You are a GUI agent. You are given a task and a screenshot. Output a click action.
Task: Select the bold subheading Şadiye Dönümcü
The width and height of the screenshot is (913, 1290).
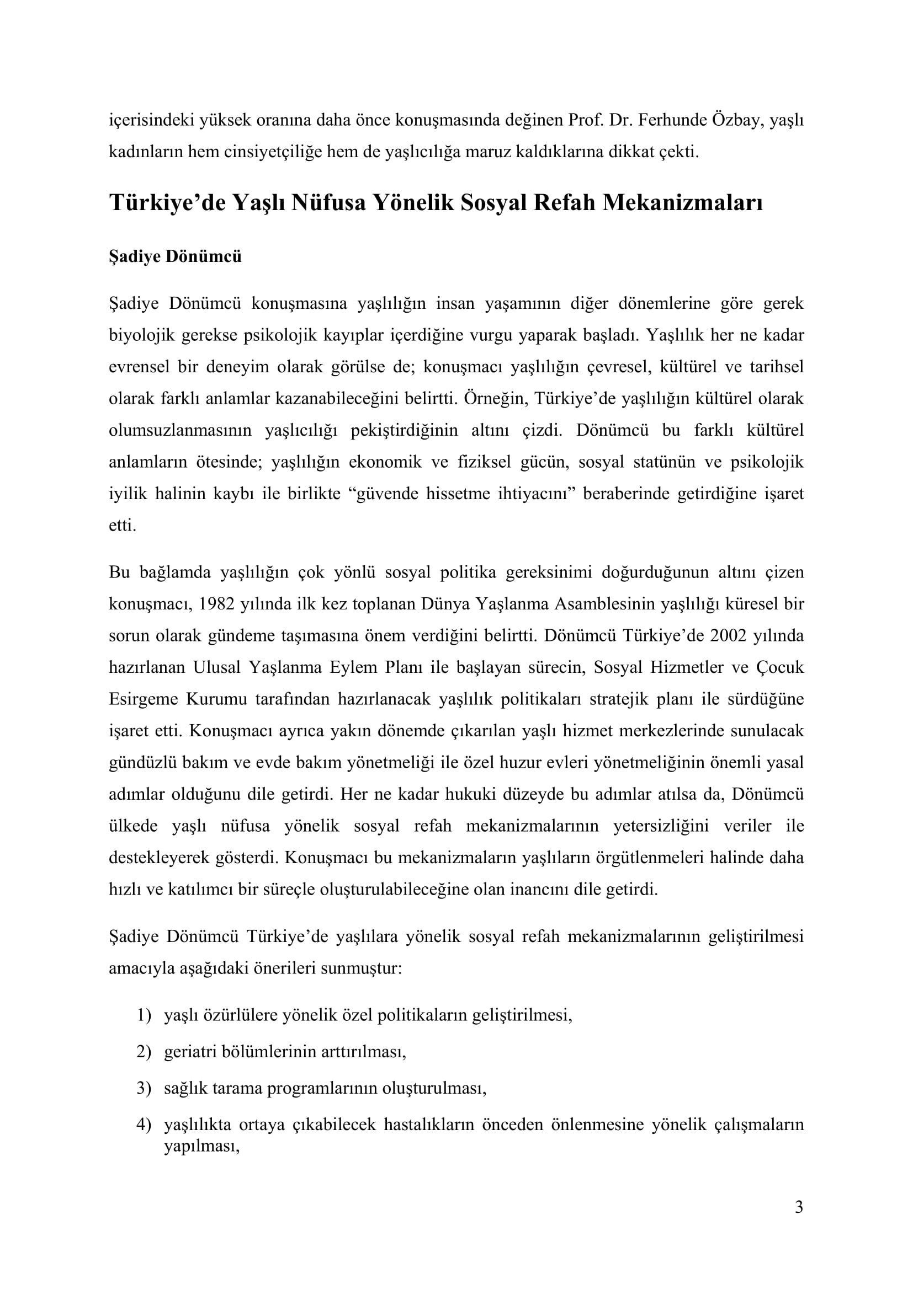[175, 257]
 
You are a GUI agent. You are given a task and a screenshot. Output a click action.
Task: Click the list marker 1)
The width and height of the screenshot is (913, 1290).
[144, 1015]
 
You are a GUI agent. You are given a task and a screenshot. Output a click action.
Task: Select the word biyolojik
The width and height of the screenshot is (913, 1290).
[141, 335]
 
